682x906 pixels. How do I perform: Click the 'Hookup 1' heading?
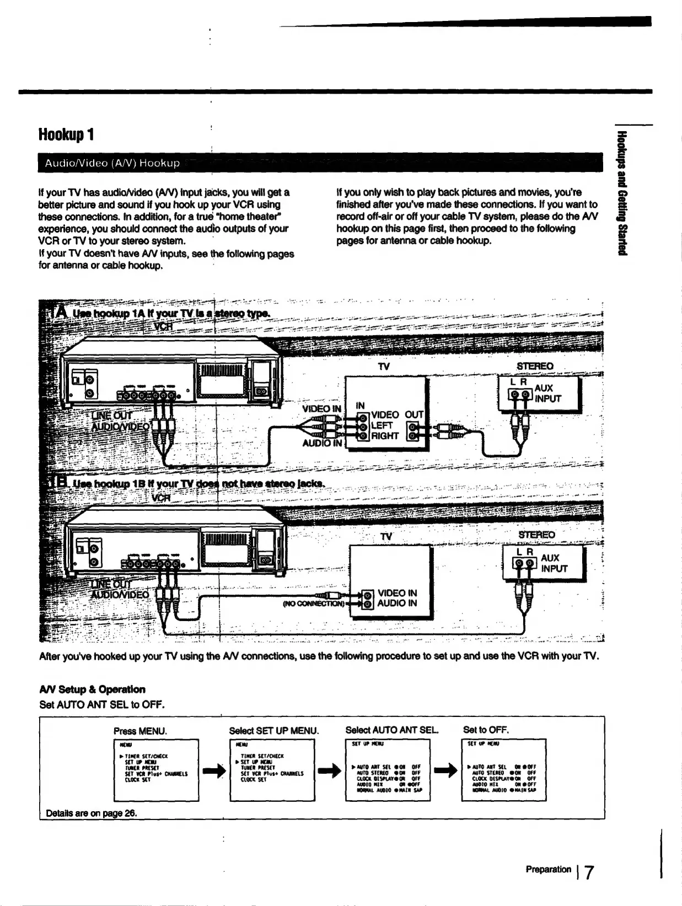(x=66, y=134)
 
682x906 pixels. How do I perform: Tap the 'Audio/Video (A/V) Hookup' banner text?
(x=112, y=163)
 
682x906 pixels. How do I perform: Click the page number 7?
(x=589, y=872)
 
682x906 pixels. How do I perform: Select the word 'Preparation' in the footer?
(x=548, y=869)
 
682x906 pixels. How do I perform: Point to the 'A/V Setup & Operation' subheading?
(x=92, y=689)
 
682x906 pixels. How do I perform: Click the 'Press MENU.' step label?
(x=140, y=731)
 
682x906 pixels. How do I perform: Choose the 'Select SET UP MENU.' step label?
(x=273, y=731)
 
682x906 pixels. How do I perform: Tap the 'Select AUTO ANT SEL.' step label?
(x=391, y=730)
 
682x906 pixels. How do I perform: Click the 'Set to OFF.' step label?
(x=486, y=730)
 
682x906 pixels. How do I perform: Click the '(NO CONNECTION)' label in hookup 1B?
(x=313, y=603)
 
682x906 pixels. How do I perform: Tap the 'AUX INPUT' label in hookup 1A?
(x=547, y=393)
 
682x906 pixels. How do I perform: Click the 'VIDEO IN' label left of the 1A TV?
(x=321, y=408)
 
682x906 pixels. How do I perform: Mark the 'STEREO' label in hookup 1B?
(x=536, y=535)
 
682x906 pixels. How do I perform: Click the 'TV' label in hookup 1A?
(x=384, y=366)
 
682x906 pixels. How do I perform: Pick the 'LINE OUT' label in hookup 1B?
(x=111, y=584)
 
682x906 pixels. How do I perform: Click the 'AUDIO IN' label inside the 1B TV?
(x=397, y=603)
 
